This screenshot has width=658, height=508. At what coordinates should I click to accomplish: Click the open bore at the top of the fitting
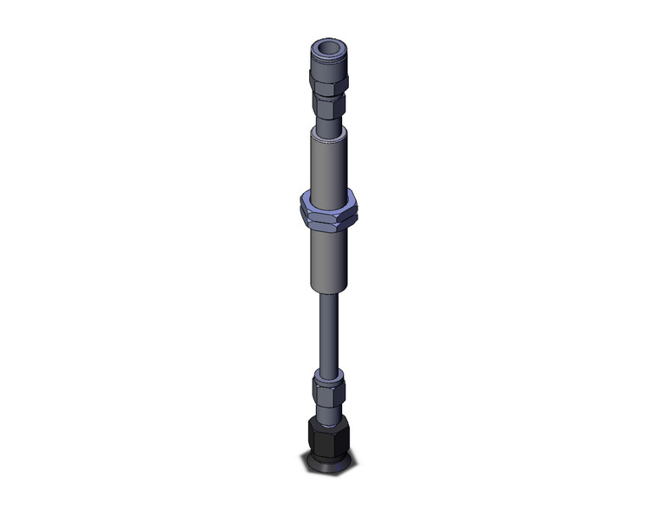(x=328, y=48)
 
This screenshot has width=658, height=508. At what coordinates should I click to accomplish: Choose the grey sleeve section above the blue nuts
(x=328, y=164)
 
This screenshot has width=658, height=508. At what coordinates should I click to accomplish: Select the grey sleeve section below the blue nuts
(x=328, y=260)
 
